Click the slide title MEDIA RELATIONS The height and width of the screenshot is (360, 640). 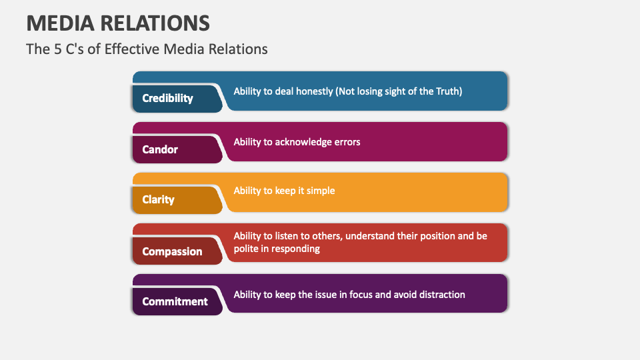coord(118,23)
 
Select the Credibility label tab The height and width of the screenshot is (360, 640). coord(168,98)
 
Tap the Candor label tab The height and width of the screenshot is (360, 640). coord(160,149)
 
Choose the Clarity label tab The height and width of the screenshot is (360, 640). coord(158,199)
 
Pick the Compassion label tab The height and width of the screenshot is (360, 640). coord(172,251)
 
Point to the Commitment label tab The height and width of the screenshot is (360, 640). coord(175,301)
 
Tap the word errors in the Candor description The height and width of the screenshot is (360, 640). coord(346,141)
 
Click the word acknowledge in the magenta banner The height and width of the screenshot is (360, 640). coord(303,141)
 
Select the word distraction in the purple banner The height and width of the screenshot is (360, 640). coord(440,294)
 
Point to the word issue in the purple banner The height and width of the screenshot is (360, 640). coord(337,294)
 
